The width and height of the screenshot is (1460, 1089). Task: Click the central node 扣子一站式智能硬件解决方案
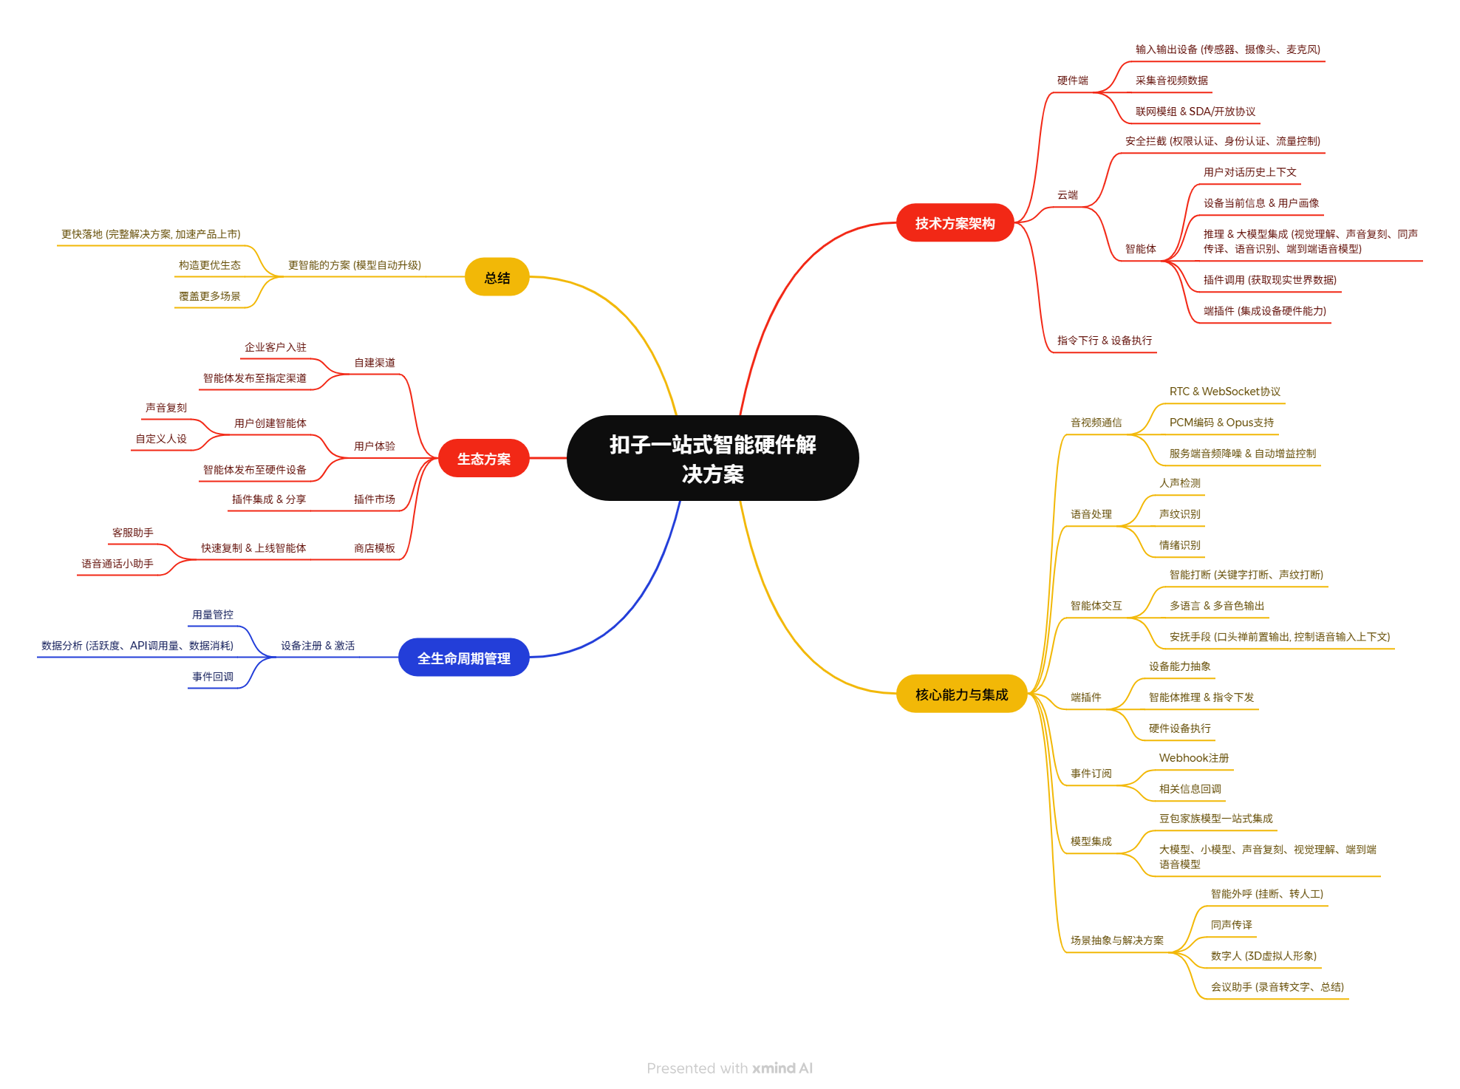pos(712,458)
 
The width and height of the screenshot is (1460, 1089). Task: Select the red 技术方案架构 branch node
pos(955,222)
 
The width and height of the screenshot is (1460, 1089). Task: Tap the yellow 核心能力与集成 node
pos(961,694)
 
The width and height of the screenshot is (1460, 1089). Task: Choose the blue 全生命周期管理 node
pos(463,658)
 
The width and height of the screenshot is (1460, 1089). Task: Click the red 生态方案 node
pos(483,458)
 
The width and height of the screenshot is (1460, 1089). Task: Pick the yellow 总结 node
pos(497,277)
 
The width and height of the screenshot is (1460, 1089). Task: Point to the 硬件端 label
pos(1072,81)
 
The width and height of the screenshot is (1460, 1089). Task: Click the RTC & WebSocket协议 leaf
pos(1224,392)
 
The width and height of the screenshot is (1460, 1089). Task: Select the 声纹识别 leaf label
pos(1179,514)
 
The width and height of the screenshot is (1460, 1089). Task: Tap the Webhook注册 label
pos(1193,758)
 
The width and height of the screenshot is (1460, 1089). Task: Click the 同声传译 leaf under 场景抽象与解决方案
pos(1231,925)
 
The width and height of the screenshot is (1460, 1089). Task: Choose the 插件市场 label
pos(374,499)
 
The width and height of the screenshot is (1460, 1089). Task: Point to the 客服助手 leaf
pos(132,533)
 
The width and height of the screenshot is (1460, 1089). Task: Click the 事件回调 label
pos(212,677)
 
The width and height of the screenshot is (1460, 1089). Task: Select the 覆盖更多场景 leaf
pos(209,296)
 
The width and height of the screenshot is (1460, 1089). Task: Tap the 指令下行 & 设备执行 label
pos(1104,341)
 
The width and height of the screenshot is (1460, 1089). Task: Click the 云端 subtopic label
pos(1067,195)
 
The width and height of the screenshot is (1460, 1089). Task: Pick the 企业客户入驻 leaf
pos(275,347)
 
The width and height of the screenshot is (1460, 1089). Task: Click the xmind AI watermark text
pos(782,1068)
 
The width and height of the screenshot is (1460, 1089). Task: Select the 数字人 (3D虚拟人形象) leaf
pos(1263,956)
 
